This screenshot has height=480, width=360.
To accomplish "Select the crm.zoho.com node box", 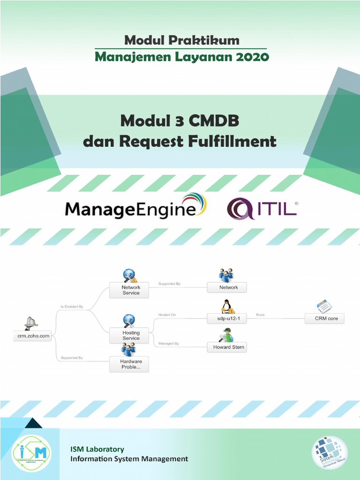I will tap(31, 336).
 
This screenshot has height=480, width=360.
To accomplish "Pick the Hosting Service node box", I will tap(131, 335).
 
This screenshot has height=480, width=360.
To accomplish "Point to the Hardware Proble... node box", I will tap(131, 364).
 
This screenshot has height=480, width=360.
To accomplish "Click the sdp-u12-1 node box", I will tap(226, 318).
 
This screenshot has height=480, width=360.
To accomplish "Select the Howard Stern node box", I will tap(226, 347).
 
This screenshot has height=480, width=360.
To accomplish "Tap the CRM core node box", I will tap(324, 318).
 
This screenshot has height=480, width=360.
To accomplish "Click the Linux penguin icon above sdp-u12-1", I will tap(227, 306).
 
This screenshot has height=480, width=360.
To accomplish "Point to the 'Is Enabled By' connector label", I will tap(72, 307).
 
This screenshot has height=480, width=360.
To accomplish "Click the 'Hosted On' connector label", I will tap(167, 315).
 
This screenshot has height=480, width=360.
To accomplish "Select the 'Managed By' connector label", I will tap(168, 344).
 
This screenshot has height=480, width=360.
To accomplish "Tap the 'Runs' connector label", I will tap(260, 315).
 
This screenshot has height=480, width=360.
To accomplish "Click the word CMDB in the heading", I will tap(214, 121).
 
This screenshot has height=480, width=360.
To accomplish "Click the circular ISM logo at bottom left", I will tap(31, 453).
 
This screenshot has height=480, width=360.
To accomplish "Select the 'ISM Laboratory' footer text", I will tap(97, 449).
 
